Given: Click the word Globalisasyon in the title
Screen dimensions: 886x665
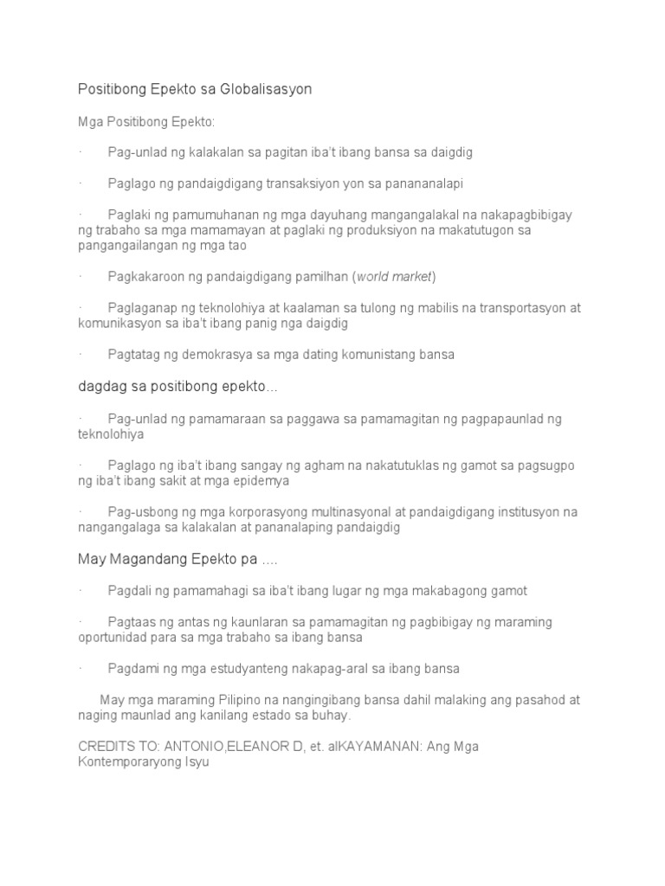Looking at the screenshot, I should pyautogui.click(x=268, y=89).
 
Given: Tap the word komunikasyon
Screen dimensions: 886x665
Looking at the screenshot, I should pyautogui.click(x=118, y=324).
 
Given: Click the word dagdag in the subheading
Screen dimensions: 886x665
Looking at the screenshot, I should pyautogui.click(x=100, y=387).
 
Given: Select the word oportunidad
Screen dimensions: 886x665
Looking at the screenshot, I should pyautogui.click(x=113, y=638).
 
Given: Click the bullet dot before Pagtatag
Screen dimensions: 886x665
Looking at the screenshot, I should pyautogui.click(x=80, y=355).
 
